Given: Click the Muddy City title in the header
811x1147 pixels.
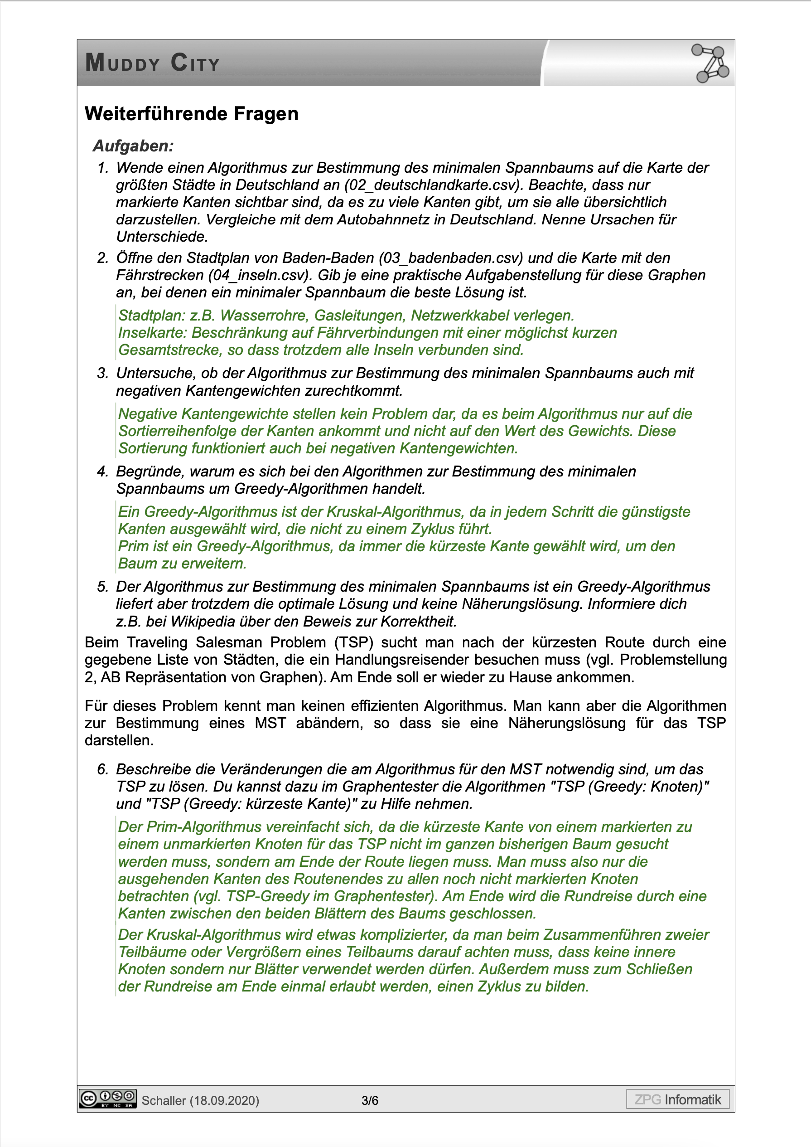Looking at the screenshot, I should coord(152,63).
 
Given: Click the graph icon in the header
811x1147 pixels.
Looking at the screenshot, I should coord(710,63).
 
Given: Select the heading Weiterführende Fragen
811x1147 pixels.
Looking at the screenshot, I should coord(191,114).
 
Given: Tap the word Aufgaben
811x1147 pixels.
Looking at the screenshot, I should coord(133,146).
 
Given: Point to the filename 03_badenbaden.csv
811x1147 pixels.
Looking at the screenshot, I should coord(450,258).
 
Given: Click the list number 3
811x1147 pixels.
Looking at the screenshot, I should coord(102,373).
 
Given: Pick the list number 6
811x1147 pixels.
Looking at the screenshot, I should coord(102,769).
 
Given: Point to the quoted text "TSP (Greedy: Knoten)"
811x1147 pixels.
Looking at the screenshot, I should coord(630,786).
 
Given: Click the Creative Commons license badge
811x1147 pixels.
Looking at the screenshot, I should coord(107,1098).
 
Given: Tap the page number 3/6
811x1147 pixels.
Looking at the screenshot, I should coord(370,1101).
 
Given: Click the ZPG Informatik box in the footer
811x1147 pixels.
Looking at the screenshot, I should coord(678,1099).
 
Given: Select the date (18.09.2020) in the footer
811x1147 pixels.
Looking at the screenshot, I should coord(224,1101).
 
